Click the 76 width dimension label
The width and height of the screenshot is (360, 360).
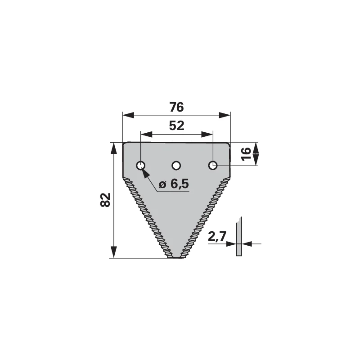pyautogui.click(x=176, y=107)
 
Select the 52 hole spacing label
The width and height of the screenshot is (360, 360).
pyautogui.click(x=176, y=126)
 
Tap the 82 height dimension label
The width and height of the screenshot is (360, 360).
pyautogui.click(x=105, y=200)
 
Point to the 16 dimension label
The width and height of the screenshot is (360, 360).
pyautogui.click(x=246, y=154)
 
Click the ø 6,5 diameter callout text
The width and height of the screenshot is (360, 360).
pyautogui.click(x=174, y=184)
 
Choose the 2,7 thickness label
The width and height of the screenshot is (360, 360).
pyautogui.click(x=217, y=236)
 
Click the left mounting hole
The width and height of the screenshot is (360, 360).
pyautogui.click(x=140, y=165)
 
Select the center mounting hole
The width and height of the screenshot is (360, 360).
pyautogui.click(x=176, y=165)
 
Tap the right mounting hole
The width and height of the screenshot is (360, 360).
pyautogui.click(x=213, y=165)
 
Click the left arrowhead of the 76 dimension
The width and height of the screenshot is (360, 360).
pyautogui.click(x=128, y=115)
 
